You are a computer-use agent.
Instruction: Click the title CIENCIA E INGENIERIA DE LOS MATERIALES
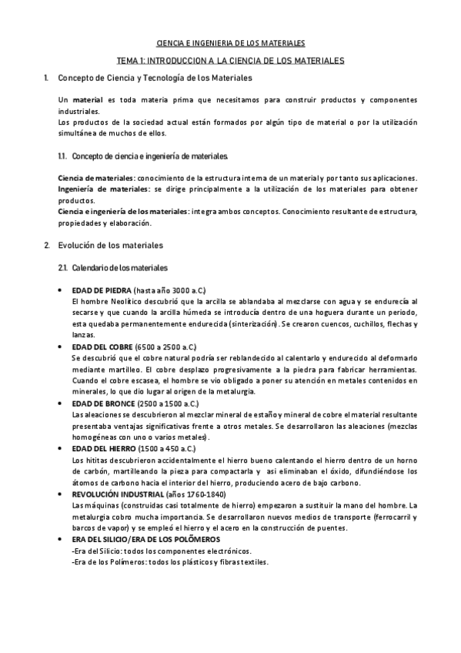click(x=231, y=44)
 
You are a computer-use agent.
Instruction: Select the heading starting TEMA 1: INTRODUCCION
click(x=231, y=59)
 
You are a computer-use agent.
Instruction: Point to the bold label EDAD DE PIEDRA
click(x=101, y=290)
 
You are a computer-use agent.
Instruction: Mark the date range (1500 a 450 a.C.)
click(x=164, y=448)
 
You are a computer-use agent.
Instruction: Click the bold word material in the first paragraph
click(x=89, y=101)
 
